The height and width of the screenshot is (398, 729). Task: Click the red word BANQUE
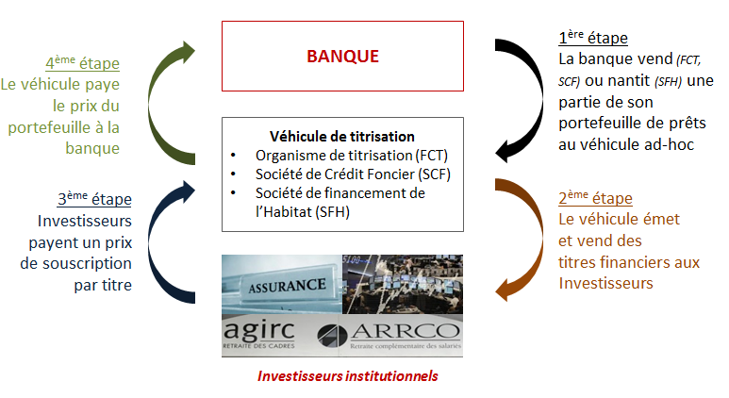[x=342, y=57]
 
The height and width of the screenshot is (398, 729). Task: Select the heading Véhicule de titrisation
[x=342, y=136]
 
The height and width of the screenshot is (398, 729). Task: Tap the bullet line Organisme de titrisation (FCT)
[x=352, y=156]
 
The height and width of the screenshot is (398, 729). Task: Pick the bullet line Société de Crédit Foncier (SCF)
[x=353, y=174]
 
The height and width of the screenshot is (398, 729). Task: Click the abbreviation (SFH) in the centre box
[x=332, y=212]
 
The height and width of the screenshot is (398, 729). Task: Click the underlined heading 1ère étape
[x=593, y=37]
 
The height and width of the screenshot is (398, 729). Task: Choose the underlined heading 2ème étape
[x=595, y=198]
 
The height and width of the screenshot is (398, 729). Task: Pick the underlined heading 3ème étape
[x=94, y=199]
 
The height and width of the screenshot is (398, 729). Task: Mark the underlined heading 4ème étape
[x=82, y=63]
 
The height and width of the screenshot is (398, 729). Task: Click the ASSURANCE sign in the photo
[x=287, y=286]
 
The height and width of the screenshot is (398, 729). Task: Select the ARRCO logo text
[x=406, y=331]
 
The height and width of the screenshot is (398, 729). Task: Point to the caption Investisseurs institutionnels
[x=348, y=375]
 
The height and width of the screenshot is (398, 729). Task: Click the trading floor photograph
[x=403, y=284]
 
